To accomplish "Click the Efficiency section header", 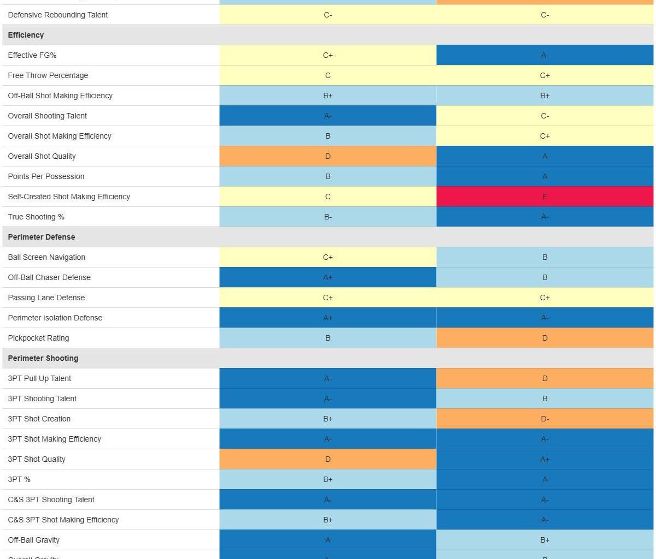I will click(26, 35).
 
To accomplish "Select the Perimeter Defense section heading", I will click(42, 237).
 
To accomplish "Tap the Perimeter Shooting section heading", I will click(43, 358).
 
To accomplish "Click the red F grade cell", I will click(544, 197).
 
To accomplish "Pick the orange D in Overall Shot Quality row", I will click(327, 156).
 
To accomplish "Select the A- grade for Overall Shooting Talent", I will click(327, 116).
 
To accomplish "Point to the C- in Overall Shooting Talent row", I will click(544, 116).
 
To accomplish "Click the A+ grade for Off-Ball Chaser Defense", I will click(327, 277).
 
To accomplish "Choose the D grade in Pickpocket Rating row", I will click(544, 338).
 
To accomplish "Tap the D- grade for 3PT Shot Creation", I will click(544, 419).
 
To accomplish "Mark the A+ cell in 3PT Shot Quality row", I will click(544, 459).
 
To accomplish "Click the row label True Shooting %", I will click(36, 217).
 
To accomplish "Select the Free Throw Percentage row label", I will click(48, 75).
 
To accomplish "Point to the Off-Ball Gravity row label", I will click(34, 540).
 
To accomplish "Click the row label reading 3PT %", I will click(19, 479).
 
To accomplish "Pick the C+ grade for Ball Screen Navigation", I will click(327, 257).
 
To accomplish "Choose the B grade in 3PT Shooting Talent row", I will click(544, 399).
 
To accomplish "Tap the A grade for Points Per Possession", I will click(544, 176).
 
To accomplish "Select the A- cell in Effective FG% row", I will click(544, 55).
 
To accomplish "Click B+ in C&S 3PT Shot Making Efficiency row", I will click(327, 520).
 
